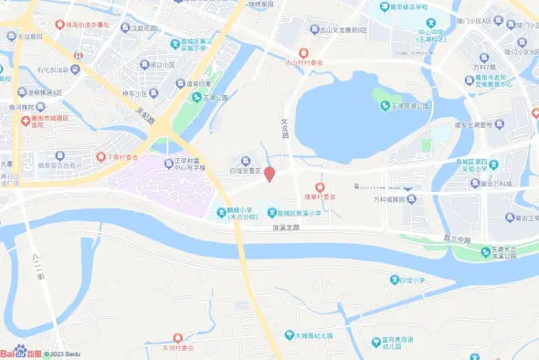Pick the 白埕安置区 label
point(245,170)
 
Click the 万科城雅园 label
point(395,197)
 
